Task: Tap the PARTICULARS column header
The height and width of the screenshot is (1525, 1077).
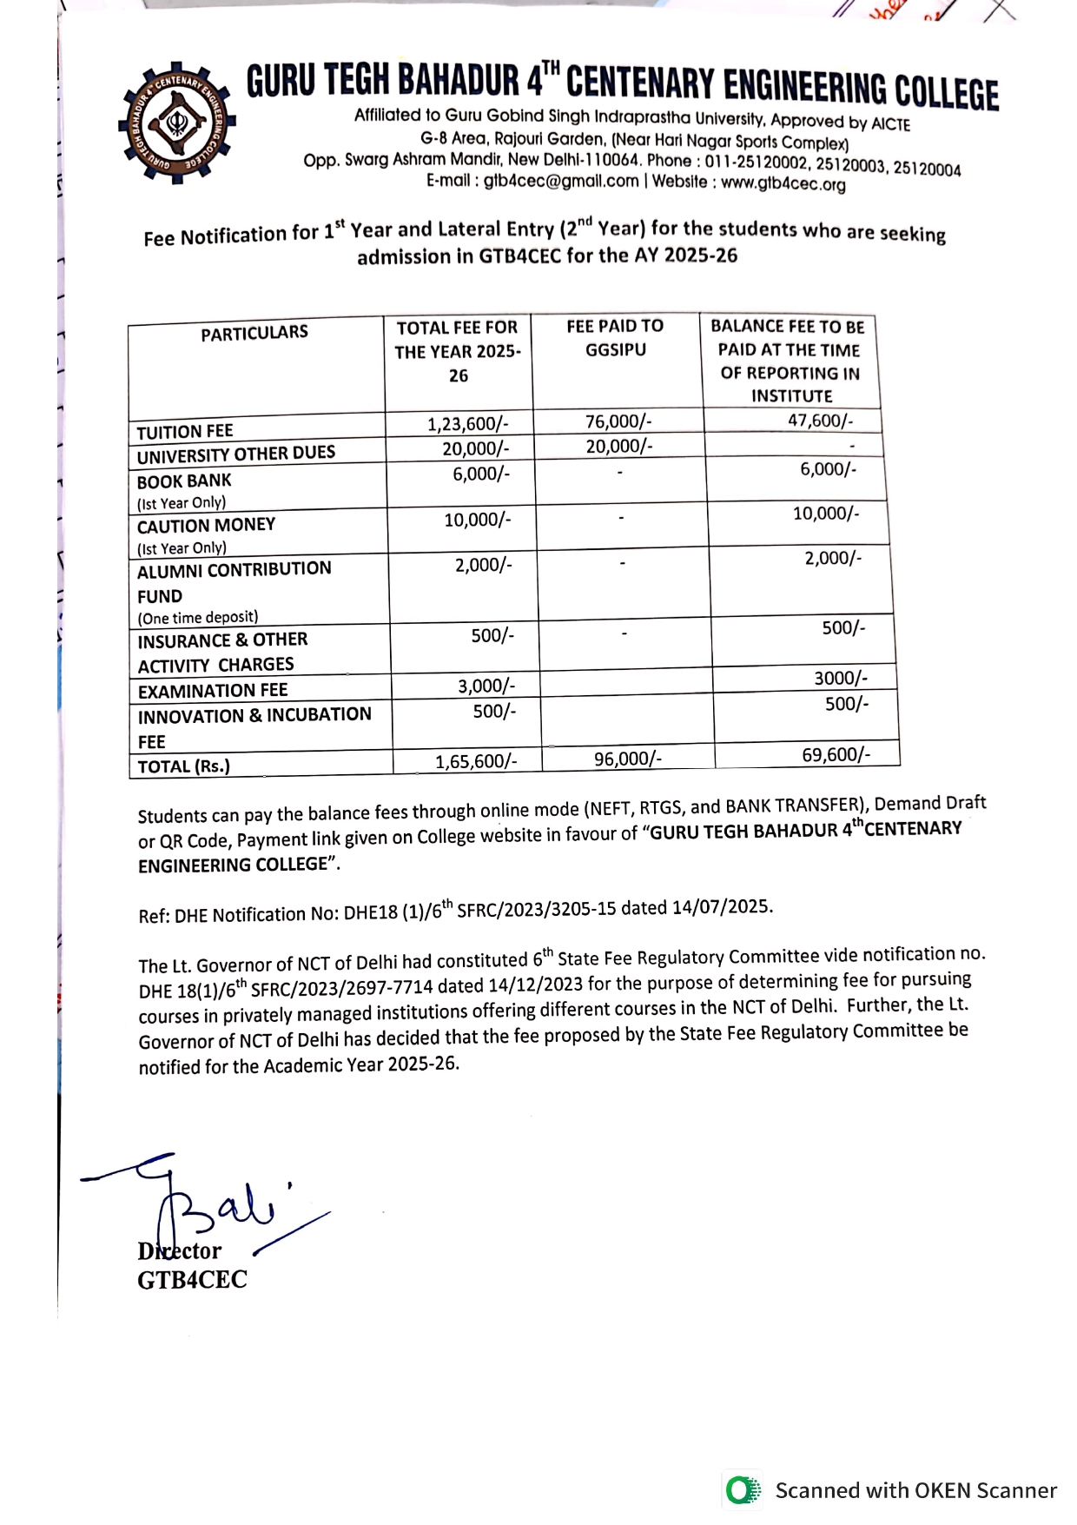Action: (254, 333)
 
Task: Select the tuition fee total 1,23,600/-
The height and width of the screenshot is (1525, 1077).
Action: (467, 424)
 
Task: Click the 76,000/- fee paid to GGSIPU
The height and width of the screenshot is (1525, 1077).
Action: (618, 421)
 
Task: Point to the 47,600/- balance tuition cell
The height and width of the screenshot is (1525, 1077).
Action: (821, 421)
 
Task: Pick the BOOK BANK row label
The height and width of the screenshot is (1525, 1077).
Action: (184, 481)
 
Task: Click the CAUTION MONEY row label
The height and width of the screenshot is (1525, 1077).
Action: (206, 525)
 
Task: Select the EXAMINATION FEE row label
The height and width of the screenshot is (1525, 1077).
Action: (213, 691)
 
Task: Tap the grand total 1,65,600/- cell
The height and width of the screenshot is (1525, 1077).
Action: (476, 761)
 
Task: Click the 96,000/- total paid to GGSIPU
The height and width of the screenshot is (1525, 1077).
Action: (628, 759)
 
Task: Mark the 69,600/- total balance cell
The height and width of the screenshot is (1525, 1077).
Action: (836, 754)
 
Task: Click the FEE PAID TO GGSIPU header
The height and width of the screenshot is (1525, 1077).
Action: (615, 338)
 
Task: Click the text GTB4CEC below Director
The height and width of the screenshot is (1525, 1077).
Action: (192, 1280)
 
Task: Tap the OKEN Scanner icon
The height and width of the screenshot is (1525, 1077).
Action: (742, 1490)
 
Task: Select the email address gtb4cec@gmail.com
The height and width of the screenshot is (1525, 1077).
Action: (561, 181)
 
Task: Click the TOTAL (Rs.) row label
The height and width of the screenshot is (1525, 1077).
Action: (184, 766)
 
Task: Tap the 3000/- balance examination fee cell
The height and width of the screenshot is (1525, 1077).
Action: (840, 678)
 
